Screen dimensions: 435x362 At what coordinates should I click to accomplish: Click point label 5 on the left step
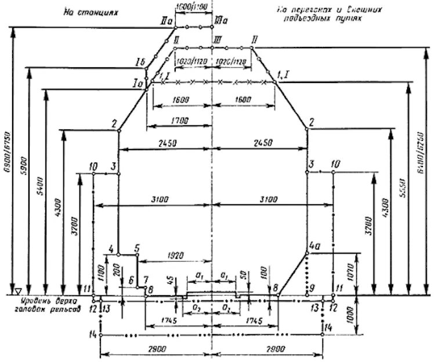[x=137, y=248]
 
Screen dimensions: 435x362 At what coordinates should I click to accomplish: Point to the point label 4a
[x=314, y=246]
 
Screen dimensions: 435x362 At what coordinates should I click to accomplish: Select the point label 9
[x=312, y=287]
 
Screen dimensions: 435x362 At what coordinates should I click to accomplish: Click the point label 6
[x=132, y=280]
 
